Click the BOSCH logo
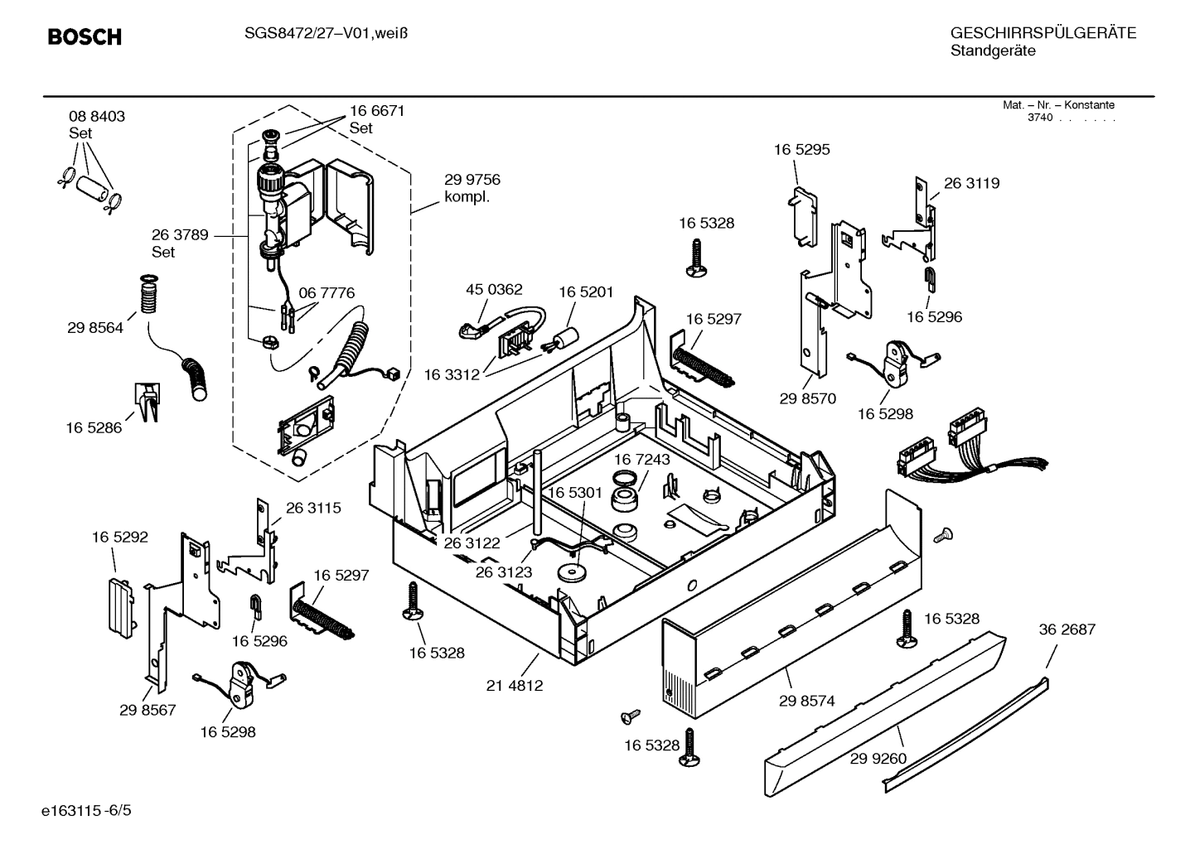pyautogui.click(x=85, y=37)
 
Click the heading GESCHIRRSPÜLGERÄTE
pyautogui.click(x=1043, y=33)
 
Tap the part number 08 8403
pyautogui.click(x=97, y=117)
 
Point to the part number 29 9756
pyautogui.click(x=472, y=180)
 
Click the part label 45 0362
pyautogui.click(x=494, y=290)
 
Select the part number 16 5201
pyautogui.click(x=586, y=292)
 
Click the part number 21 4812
pyautogui.click(x=514, y=686)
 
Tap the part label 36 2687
pyautogui.click(x=1067, y=629)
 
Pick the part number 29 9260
pyautogui.click(x=878, y=759)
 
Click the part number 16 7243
pyautogui.click(x=642, y=460)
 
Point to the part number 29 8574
pyautogui.click(x=806, y=701)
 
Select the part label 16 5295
pyautogui.click(x=801, y=150)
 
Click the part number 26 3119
pyautogui.click(x=971, y=184)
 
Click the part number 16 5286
pyautogui.click(x=94, y=428)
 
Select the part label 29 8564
pyautogui.click(x=95, y=328)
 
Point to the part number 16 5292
pyautogui.click(x=119, y=538)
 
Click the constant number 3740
pyautogui.click(x=1039, y=118)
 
